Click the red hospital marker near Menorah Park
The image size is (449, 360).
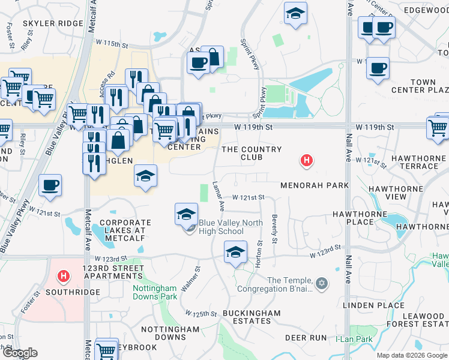(x=307, y=161)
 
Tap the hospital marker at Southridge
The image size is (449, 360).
(x=63, y=277)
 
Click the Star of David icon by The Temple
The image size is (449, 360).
(x=321, y=283)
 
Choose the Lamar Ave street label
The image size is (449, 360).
(x=218, y=197)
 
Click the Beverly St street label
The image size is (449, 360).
(x=274, y=229)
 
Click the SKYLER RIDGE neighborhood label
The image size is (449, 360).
(x=53, y=23)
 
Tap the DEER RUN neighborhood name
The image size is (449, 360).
(x=306, y=338)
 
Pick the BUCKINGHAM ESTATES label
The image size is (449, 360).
(x=251, y=317)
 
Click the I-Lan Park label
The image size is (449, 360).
(x=354, y=340)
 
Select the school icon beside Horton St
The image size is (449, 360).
(x=235, y=252)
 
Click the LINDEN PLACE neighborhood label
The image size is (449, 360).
(x=373, y=305)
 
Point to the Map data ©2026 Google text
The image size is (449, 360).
(x=411, y=355)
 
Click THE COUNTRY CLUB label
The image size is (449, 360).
(x=252, y=153)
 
